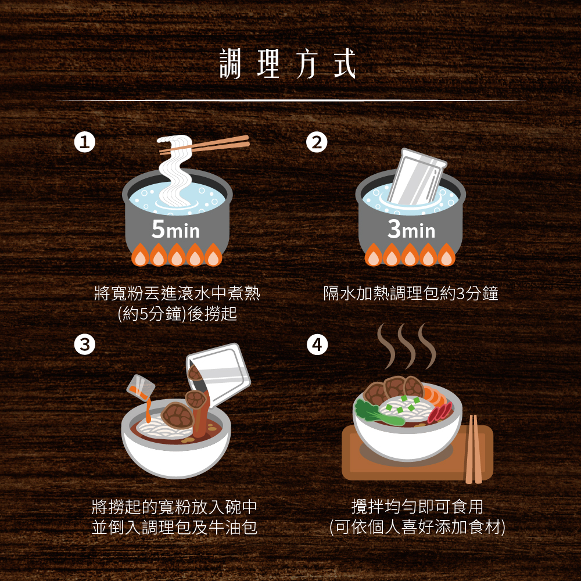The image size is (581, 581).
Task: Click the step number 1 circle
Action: [84, 142]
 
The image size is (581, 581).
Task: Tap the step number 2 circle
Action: [317, 142]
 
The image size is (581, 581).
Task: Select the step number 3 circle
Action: [84, 345]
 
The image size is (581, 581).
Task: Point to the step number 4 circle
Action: [317, 345]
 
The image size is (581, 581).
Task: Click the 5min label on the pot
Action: [175, 229]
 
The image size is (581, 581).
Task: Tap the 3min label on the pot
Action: [411, 229]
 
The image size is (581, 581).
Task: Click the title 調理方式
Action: [288, 64]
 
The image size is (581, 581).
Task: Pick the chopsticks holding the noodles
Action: [205, 145]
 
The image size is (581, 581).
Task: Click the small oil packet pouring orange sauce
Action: [140, 388]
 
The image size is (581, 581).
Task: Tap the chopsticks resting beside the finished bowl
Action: [474, 449]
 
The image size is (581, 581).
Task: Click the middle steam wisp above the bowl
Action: [407, 346]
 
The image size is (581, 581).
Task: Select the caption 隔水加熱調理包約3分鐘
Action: [411, 293]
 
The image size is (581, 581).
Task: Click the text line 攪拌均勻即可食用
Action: [417, 507]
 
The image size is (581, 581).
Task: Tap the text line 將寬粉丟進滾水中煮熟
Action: [177, 293]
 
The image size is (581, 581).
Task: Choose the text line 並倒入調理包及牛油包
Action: [174, 528]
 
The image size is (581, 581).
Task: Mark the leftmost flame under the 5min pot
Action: [141, 254]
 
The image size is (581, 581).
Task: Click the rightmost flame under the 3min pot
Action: [446, 254]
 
